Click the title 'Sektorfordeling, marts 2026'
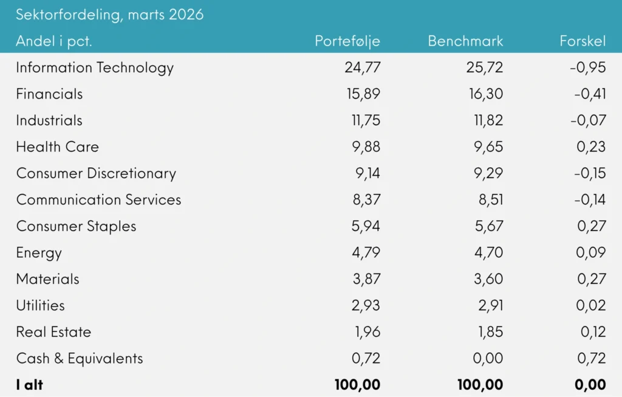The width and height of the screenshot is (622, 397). point(109,15)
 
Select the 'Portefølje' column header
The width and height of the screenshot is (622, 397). point(347,41)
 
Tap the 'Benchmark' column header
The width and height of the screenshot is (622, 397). point(465,41)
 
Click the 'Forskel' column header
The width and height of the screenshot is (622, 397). point(583,41)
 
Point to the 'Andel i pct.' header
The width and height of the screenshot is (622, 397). point(54,41)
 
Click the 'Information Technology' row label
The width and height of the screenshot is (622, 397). point(95,67)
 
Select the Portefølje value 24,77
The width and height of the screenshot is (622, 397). point(362,67)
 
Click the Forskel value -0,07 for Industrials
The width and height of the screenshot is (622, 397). point(587,120)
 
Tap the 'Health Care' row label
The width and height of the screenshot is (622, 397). point(57,147)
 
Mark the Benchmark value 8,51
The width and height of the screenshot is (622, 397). point(488,200)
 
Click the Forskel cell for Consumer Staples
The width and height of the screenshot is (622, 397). point(591,226)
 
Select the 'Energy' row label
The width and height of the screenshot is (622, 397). point(39,253)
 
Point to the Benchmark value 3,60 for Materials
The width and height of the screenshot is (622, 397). point(488,279)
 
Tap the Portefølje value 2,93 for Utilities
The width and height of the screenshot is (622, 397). point(366,306)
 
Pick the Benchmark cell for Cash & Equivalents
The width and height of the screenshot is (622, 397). point(488,359)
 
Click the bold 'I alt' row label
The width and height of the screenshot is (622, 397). point(30,385)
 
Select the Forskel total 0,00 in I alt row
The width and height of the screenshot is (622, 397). point(590,385)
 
